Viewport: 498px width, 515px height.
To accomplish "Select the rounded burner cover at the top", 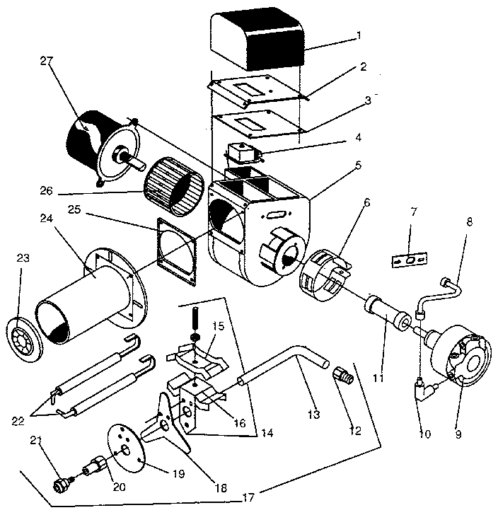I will pyautogui.click(x=259, y=42).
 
